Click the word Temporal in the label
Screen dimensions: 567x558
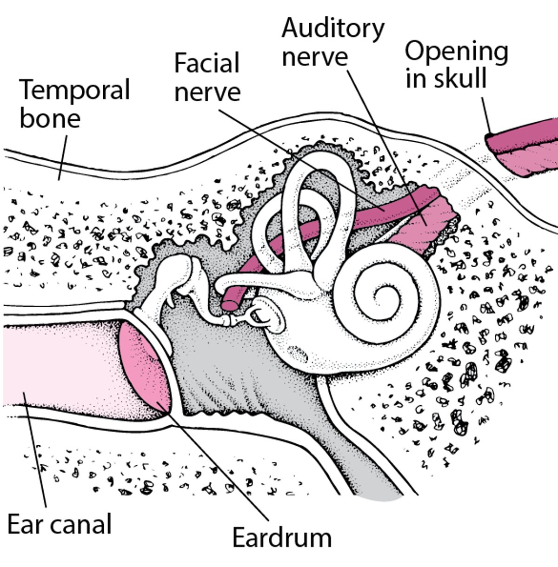click(x=74, y=91)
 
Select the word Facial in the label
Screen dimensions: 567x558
click(x=206, y=64)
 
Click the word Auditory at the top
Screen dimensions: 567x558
click(x=333, y=29)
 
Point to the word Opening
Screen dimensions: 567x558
click(x=456, y=52)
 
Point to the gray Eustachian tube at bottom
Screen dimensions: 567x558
click(x=372, y=479)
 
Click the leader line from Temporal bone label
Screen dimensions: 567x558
click(x=62, y=158)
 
